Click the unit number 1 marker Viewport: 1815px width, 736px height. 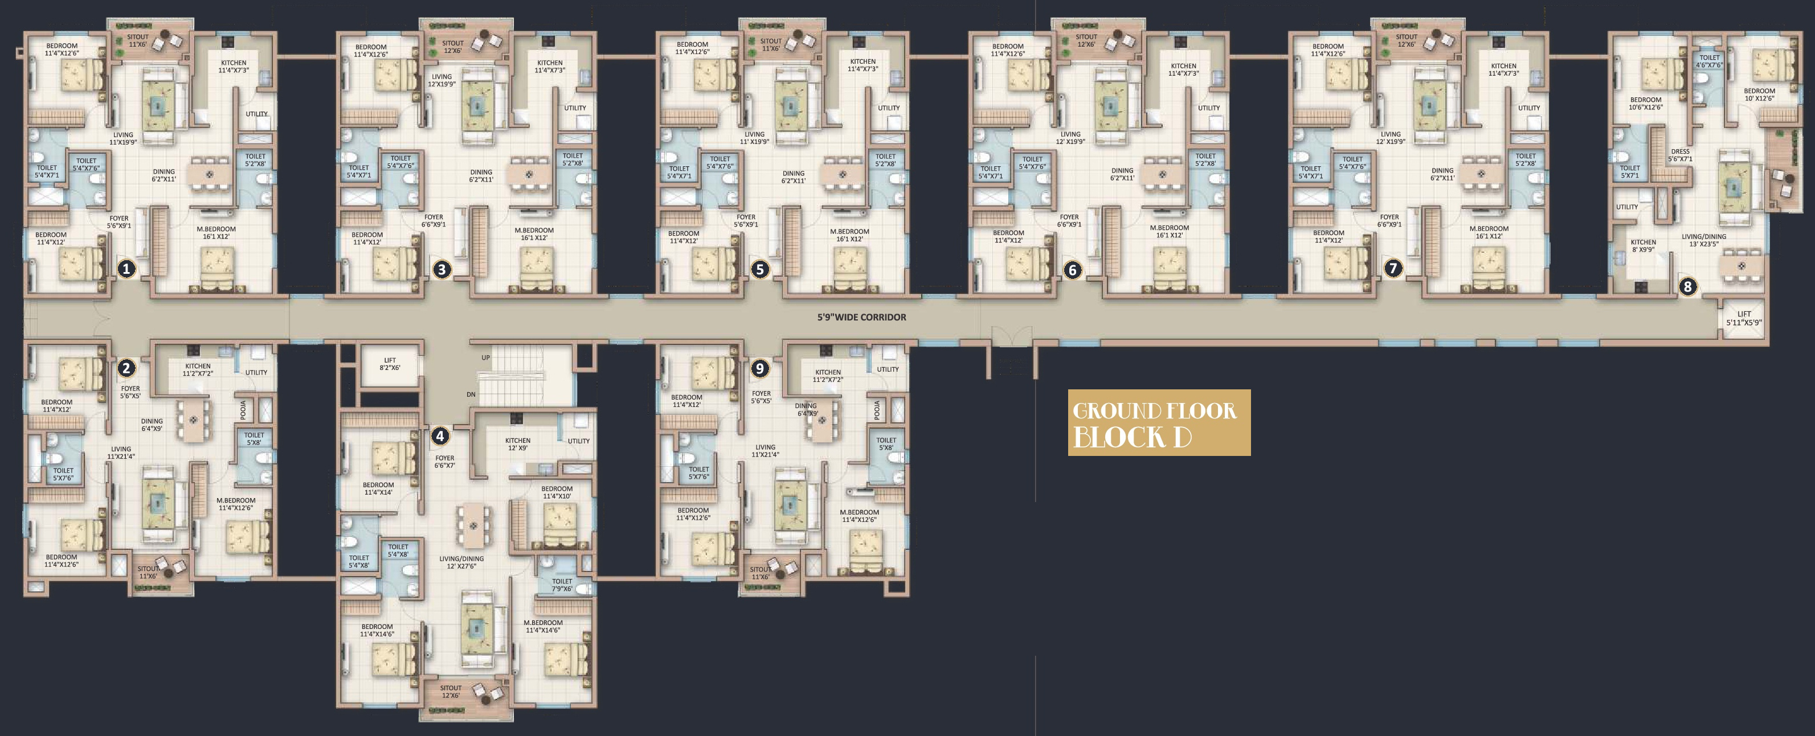coord(126,268)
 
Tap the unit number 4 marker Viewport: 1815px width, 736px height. coord(440,436)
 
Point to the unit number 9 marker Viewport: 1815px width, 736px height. coord(759,368)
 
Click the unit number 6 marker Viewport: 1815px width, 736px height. coord(1072,270)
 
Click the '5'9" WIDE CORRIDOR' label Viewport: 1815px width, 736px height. coord(862,318)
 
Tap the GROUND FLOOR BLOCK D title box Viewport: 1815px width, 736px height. coord(1159,422)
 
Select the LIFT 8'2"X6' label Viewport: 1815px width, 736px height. coord(390,364)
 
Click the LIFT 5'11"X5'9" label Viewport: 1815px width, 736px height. coord(1744,318)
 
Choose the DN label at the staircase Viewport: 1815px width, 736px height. coord(471,394)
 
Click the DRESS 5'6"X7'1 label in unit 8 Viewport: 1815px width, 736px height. coord(1681,155)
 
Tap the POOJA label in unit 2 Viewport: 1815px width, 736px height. coord(243,410)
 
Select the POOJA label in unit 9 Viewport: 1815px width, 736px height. coord(877,410)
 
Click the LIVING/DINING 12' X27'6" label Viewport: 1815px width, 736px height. coord(461,562)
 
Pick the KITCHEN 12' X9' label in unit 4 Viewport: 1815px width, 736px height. coord(518,445)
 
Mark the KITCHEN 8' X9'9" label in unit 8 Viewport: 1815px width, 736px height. coord(1643,246)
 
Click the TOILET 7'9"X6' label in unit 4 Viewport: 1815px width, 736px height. coord(562,585)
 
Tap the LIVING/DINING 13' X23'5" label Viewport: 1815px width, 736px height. coord(1704,240)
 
